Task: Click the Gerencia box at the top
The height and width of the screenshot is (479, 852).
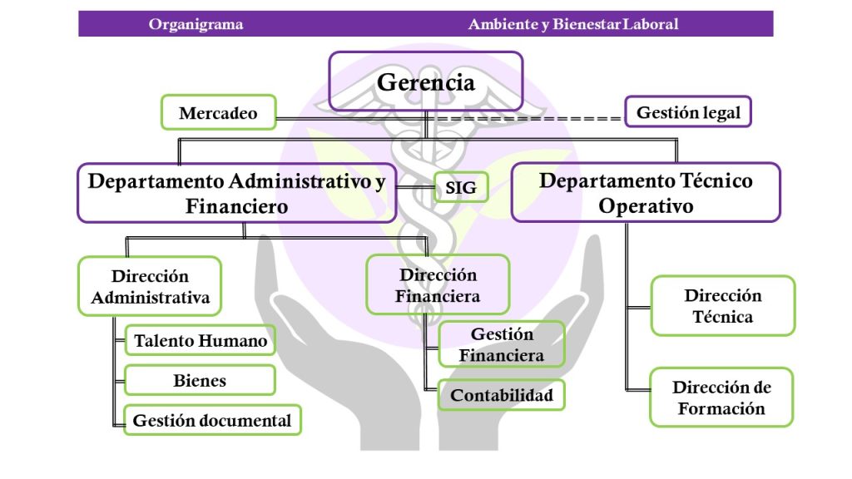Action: point(426,81)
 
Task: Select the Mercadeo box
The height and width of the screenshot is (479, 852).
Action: point(219,112)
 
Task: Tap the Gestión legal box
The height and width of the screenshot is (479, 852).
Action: point(688,112)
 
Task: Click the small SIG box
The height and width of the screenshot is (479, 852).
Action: point(461,187)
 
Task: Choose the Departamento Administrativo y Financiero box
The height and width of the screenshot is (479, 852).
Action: point(237,193)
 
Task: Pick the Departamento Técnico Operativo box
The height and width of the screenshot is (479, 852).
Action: point(646,193)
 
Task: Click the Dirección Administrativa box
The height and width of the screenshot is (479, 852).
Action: point(150,286)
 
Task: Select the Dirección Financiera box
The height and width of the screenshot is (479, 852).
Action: point(438,285)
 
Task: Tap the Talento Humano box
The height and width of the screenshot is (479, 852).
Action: point(201,340)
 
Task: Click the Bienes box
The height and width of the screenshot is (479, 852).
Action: point(200,380)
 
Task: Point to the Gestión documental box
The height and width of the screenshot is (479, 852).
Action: point(212,420)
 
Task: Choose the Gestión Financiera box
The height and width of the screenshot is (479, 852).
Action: point(502,344)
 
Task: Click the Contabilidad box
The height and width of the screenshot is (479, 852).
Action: point(502,395)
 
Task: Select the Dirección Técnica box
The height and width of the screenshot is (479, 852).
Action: point(723,306)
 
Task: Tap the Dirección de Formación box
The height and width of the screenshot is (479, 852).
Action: point(721,398)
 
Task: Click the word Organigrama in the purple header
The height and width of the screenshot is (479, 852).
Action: point(196,24)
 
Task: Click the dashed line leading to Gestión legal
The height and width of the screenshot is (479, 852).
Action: point(526,118)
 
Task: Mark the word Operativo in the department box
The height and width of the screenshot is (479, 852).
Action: point(646,206)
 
